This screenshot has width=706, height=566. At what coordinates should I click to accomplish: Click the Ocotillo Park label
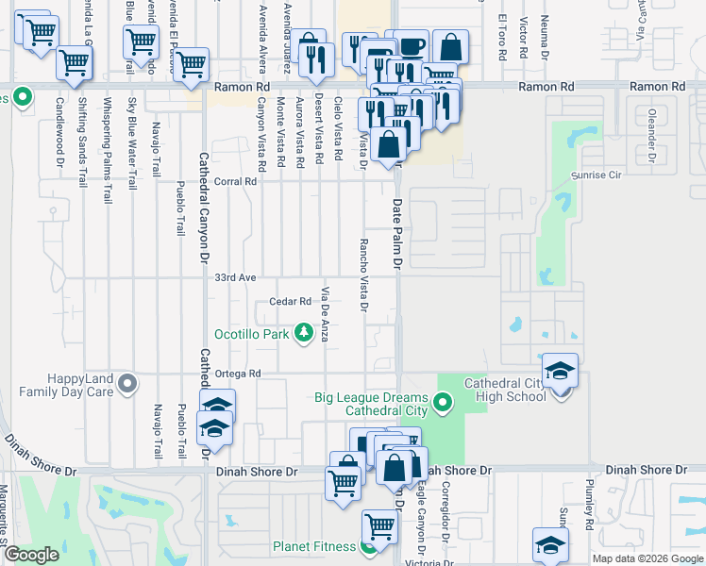[251, 334]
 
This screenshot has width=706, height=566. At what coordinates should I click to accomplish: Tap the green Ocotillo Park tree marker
[304, 333]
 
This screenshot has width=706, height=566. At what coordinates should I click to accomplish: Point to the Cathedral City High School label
[504, 389]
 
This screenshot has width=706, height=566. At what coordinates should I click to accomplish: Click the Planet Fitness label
[314, 546]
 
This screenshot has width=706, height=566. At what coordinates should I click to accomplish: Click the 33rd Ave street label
[235, 278]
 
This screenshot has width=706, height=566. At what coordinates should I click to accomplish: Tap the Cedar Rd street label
[290, 302]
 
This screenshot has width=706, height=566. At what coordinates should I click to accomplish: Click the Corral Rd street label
[236, 182]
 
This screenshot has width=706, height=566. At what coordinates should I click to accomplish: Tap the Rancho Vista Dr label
[363, 275]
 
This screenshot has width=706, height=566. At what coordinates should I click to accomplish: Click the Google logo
[32, 556]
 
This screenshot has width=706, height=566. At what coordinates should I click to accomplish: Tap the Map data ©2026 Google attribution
[647, 558]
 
